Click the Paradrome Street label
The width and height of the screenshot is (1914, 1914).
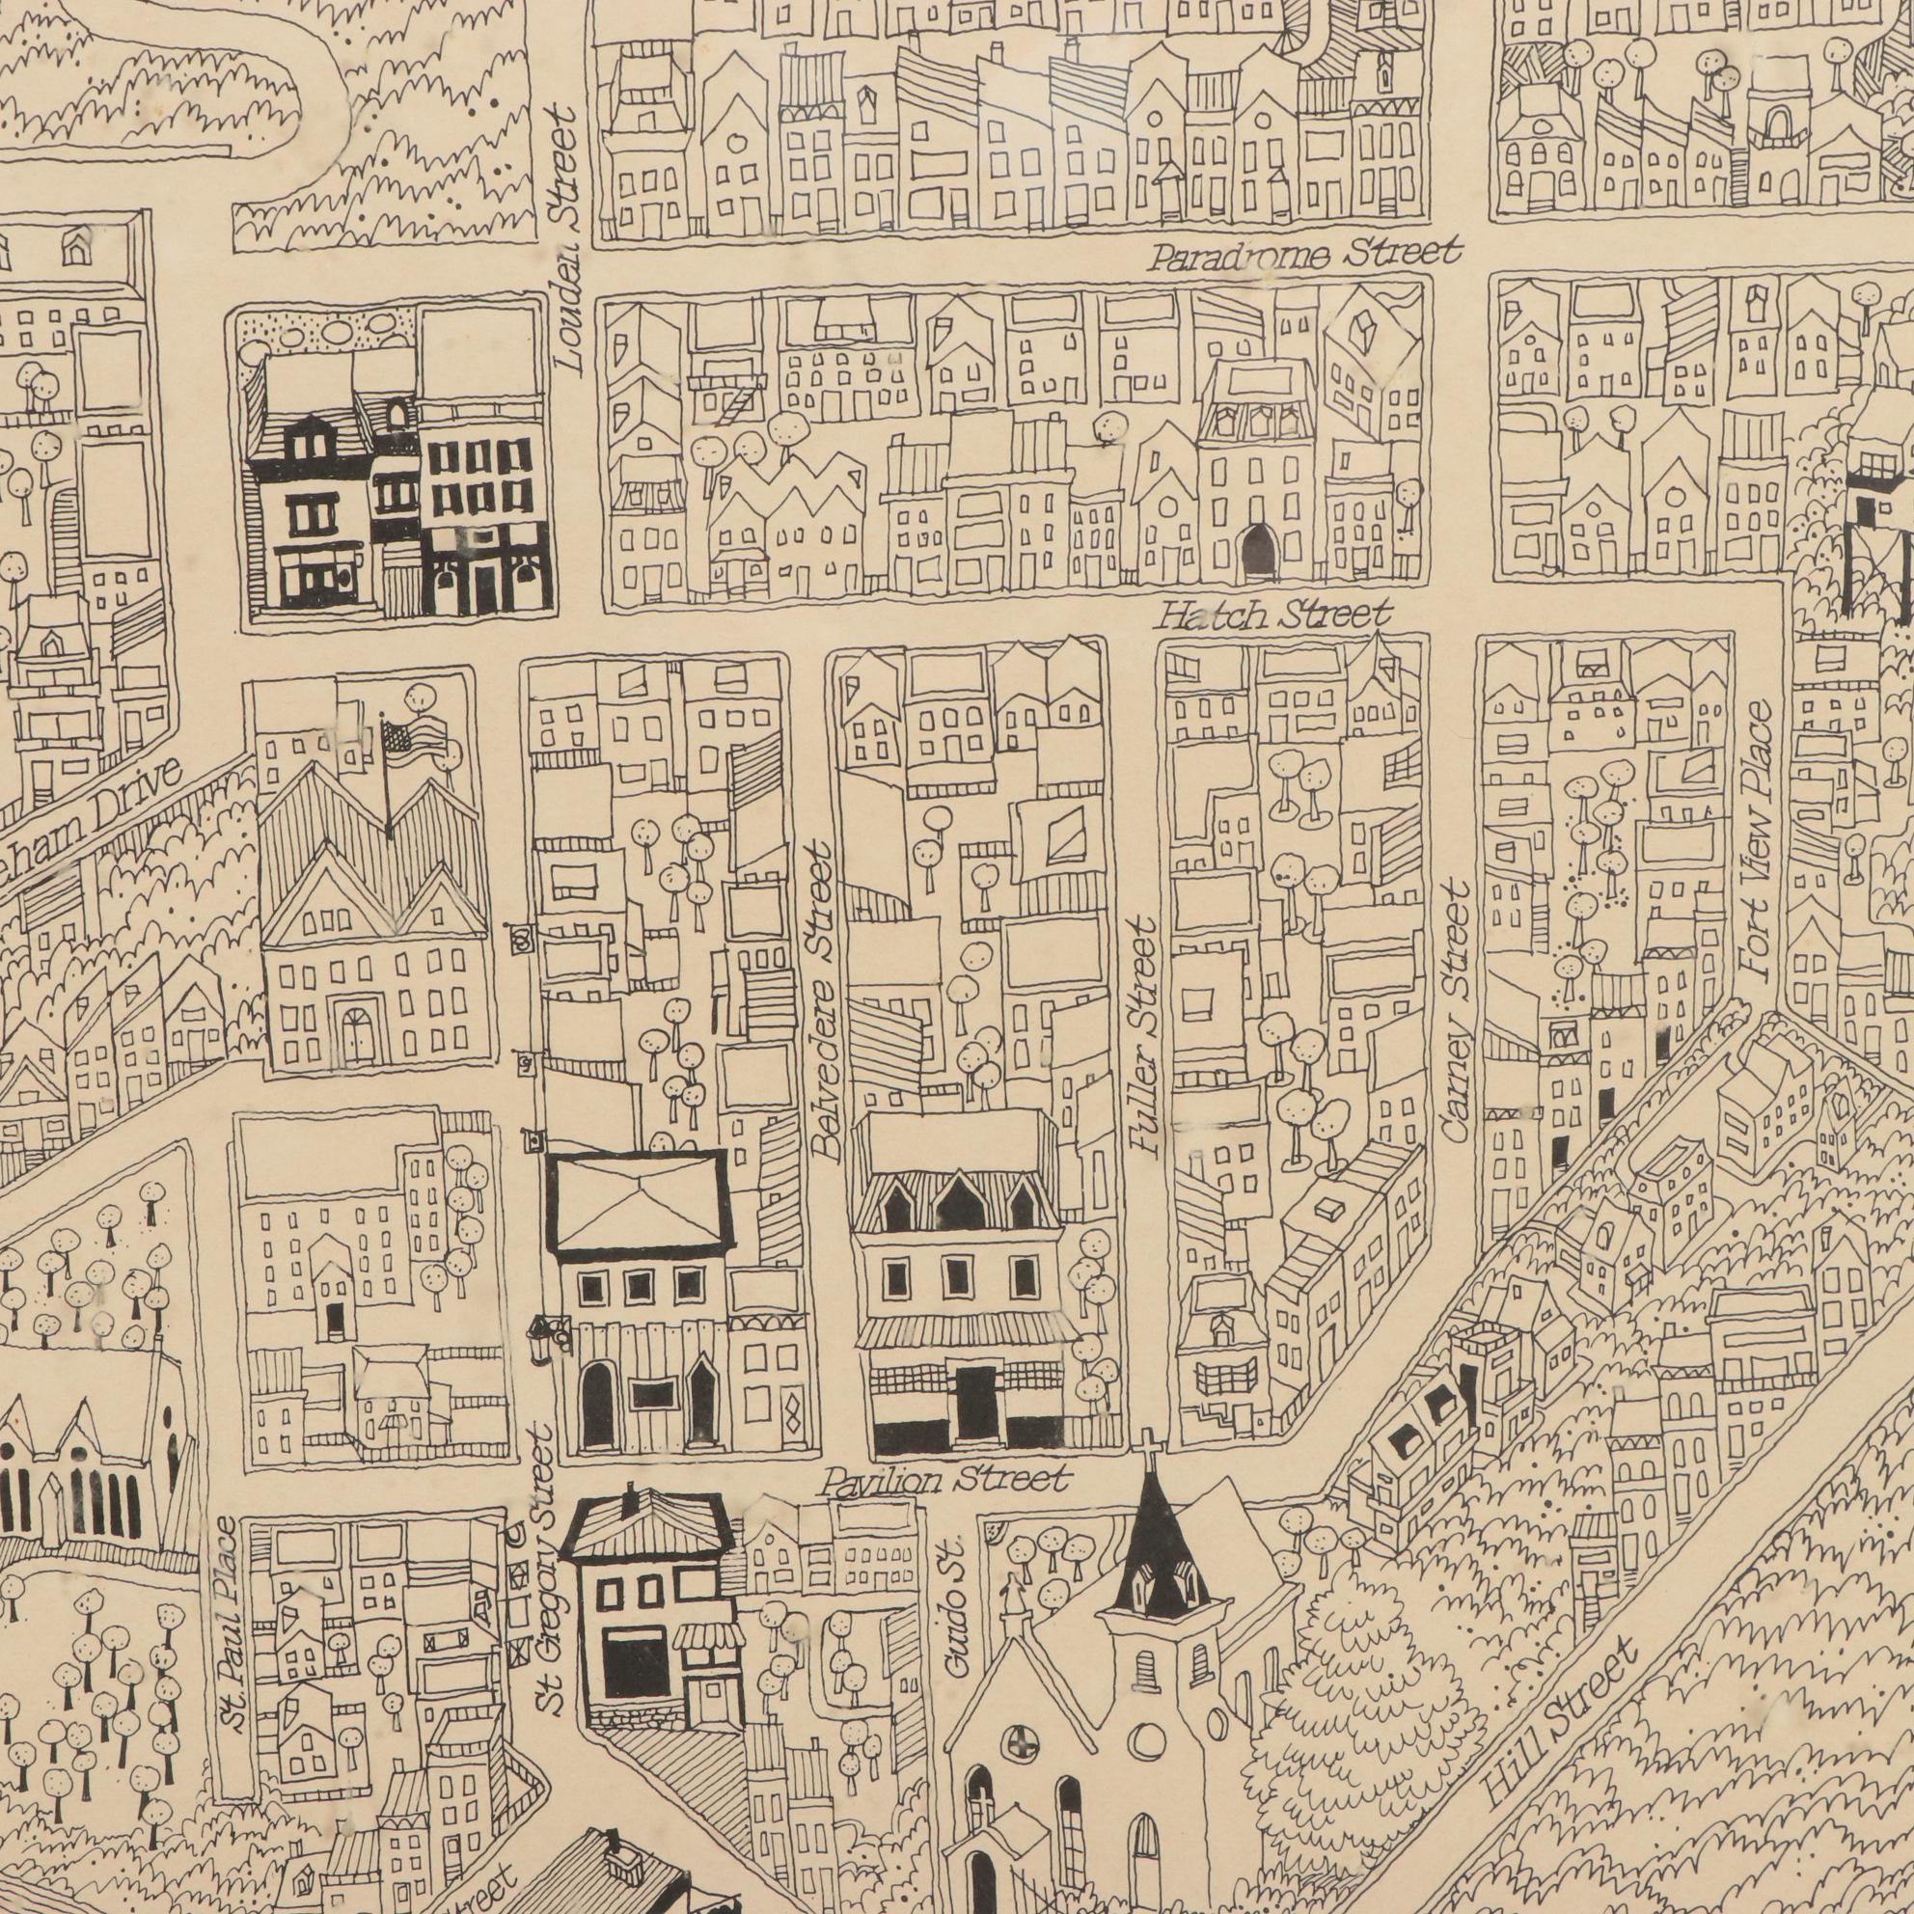pos(1304,255)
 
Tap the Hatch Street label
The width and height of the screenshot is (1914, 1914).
pos(1275,616)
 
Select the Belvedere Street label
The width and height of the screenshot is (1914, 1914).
pos(825,1000)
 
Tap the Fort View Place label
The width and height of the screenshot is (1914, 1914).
pos(1759,842)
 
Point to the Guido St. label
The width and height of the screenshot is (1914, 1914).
pos(954,1610)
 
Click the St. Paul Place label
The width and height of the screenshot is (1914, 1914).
pos(229,1625)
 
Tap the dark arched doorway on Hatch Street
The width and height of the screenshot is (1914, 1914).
pos(1258,550)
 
